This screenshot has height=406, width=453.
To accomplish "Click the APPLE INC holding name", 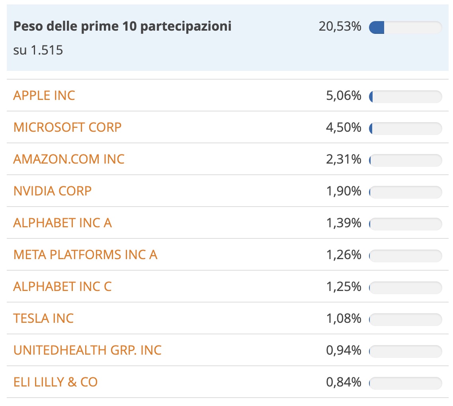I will [x=44, y=96].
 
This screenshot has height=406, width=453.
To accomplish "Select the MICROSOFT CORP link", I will [x=67, y=127].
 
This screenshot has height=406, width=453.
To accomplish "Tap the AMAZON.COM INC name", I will [x=69, y=159].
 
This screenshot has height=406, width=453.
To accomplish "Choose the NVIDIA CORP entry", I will [x=53, y=191].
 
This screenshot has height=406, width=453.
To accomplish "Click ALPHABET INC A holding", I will [x=62, y=223].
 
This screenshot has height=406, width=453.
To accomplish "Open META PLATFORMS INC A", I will [x=85, y=255].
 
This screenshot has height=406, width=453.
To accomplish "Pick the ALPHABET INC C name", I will [x=62, y=287].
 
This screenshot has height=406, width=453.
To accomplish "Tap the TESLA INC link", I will [x=43, y=318].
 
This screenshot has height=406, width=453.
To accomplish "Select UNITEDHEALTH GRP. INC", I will [x=88, y=350].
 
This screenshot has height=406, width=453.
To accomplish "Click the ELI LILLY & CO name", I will [x=55, y=382].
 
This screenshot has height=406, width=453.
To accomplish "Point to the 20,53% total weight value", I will [x=340, y=27].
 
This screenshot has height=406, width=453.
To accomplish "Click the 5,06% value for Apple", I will [x=344, y=96].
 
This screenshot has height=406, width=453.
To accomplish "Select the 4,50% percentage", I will [x=344, y=128].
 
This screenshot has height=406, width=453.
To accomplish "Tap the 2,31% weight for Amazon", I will [x=344, y=160].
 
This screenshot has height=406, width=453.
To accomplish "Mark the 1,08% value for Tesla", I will [x=344, y=319].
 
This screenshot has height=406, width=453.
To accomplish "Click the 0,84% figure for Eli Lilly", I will [x=344, y=383].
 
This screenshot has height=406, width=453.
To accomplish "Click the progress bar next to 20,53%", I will [x=405, y=27].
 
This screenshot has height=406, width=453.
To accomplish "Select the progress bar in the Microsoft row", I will [x=405, y=128].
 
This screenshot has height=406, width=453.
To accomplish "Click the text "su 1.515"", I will [x=38, y=51].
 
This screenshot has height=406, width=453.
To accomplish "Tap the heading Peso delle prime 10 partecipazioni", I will [x=123, y=27].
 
